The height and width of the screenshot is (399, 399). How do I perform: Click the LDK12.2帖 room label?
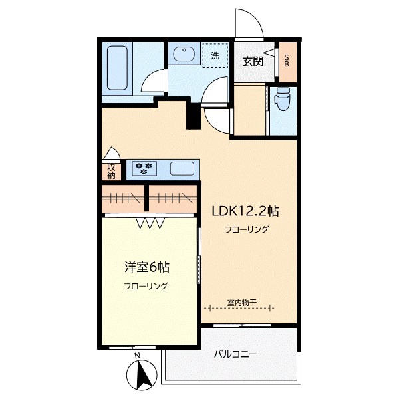[x=244, y=211]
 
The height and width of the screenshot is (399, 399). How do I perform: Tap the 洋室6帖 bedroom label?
[x=146, y=267]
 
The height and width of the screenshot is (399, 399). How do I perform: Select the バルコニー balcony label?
[x=235, y=354]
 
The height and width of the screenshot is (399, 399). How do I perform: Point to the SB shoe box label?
[x=287, y=62]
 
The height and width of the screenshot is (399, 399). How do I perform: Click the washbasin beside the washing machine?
[x=181, y=55]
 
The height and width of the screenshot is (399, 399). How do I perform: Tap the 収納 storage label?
[x=111, y=171]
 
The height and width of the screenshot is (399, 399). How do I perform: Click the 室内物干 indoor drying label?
[x=240, y=303]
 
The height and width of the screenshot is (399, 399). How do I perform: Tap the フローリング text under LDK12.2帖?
[x=246, y=230]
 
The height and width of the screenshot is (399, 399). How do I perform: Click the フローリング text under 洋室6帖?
[x=146, y=287]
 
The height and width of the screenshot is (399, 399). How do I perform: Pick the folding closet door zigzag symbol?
[x=151, y=223]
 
